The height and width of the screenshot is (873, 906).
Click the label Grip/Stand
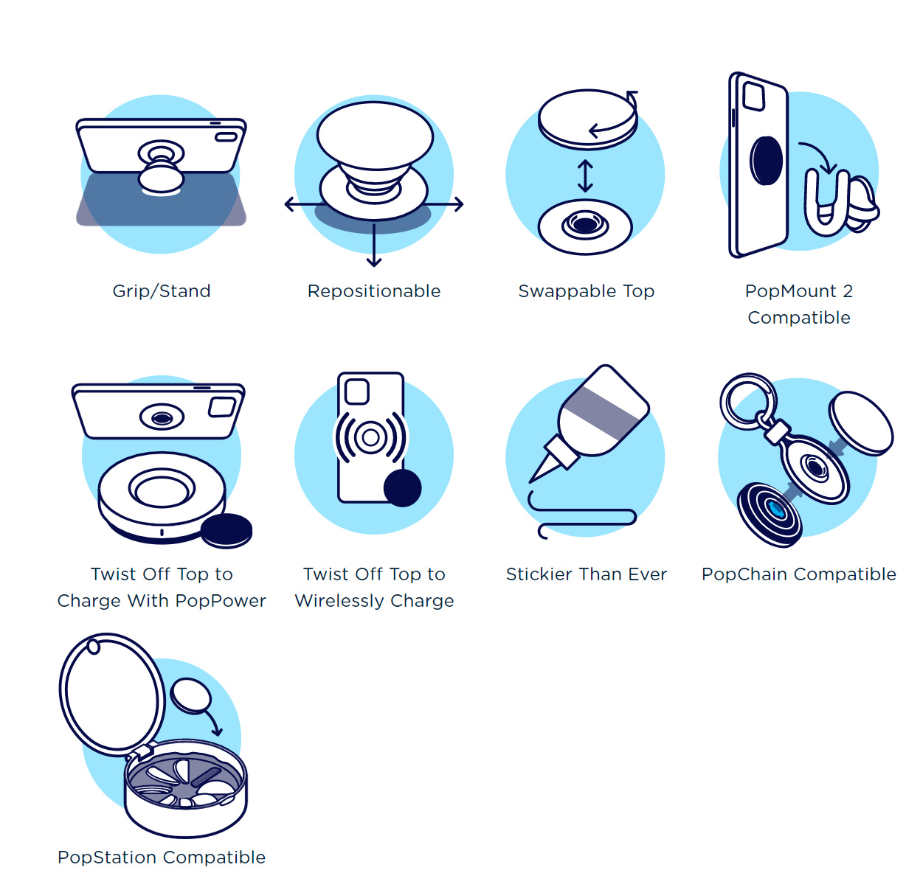click(162, 291)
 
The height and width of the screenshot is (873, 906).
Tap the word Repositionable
click(374, 291)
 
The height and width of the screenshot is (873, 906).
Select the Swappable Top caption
click(586, 291)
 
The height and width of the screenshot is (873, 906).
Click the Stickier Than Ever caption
click(586, 574)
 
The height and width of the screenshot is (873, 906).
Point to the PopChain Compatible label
click(799, 574)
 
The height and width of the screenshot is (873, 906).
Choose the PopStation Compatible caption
click(162, 857)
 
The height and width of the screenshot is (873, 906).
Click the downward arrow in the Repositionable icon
click(374, 245)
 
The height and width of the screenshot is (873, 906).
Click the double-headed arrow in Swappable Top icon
click(585, 176)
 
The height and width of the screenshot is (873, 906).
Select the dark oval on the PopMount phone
click(766, 160)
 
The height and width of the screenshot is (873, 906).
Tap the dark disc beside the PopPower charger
click(226, 531)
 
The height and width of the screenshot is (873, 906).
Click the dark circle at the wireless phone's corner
click(402, 487)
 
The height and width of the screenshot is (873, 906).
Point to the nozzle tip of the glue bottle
click(531, 481)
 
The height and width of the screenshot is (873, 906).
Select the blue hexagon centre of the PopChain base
click(775, 509)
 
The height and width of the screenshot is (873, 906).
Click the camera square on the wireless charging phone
click(357, 392)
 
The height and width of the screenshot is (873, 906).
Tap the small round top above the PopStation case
click(191, 696)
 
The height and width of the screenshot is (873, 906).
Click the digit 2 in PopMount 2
click(848, 291)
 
